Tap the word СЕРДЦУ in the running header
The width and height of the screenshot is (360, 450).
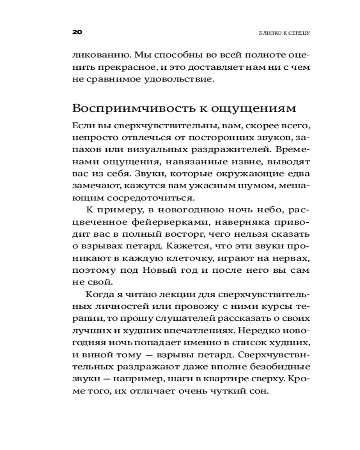point(295,33)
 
